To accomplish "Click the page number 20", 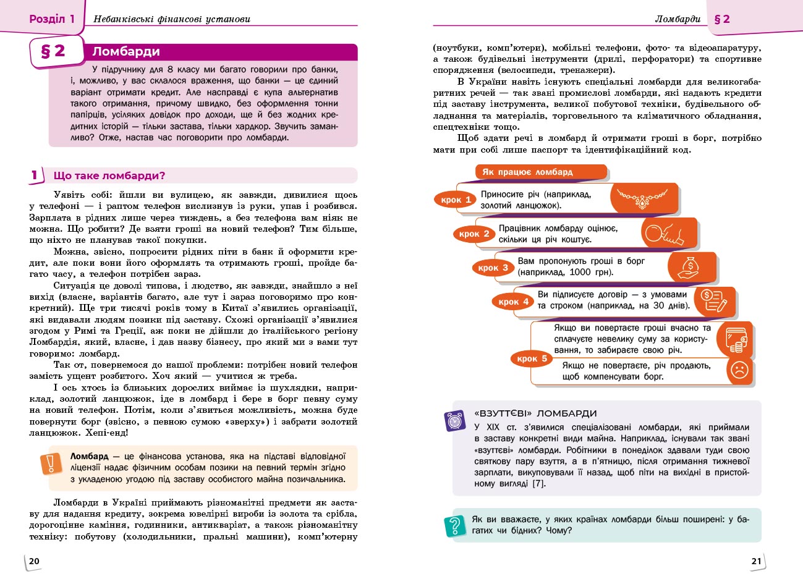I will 35,561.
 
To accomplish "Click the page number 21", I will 757,561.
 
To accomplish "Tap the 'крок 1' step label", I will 456,200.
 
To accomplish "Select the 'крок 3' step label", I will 493,268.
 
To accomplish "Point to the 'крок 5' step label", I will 532,358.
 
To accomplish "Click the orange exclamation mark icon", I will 51,463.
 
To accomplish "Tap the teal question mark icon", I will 456,526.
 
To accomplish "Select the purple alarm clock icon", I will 456,421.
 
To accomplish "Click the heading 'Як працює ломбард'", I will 527,172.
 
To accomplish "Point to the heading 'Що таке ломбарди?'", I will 109,176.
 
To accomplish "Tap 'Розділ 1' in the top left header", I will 52,19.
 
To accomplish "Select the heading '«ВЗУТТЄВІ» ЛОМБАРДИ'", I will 535,413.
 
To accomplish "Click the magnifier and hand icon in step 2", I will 664,234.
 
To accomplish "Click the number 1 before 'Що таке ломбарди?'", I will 35,176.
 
